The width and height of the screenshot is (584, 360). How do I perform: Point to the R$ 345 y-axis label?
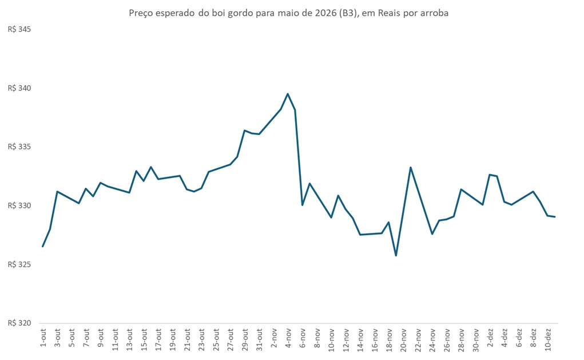tap(19, 29)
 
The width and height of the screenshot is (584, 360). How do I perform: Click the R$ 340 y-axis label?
tap(19, 88)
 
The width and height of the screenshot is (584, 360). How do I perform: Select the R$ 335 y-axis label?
tap(19, 147)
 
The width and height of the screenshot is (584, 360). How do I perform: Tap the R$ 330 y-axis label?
tap(19, 206)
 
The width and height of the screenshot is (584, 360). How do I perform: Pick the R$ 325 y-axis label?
tap(19, 264)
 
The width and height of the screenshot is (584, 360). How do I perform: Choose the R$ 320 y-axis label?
tap(19, 323)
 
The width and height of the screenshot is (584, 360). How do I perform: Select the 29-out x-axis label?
tap(245, 338)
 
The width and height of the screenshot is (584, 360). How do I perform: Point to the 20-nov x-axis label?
tap(404, 338)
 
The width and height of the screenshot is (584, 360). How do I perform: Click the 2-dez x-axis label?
tap(490, 338)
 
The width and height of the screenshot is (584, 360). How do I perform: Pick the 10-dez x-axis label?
tap(548, 338)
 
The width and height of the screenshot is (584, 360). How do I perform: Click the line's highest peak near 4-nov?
tap(288, 94)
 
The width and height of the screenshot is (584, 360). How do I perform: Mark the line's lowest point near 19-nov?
tap(396, 255)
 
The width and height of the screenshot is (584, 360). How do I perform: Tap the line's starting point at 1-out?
tap(43, 246)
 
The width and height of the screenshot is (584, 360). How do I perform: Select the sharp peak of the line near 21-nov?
tap(411, 167)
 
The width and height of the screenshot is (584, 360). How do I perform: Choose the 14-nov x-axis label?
tap(360, 338)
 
